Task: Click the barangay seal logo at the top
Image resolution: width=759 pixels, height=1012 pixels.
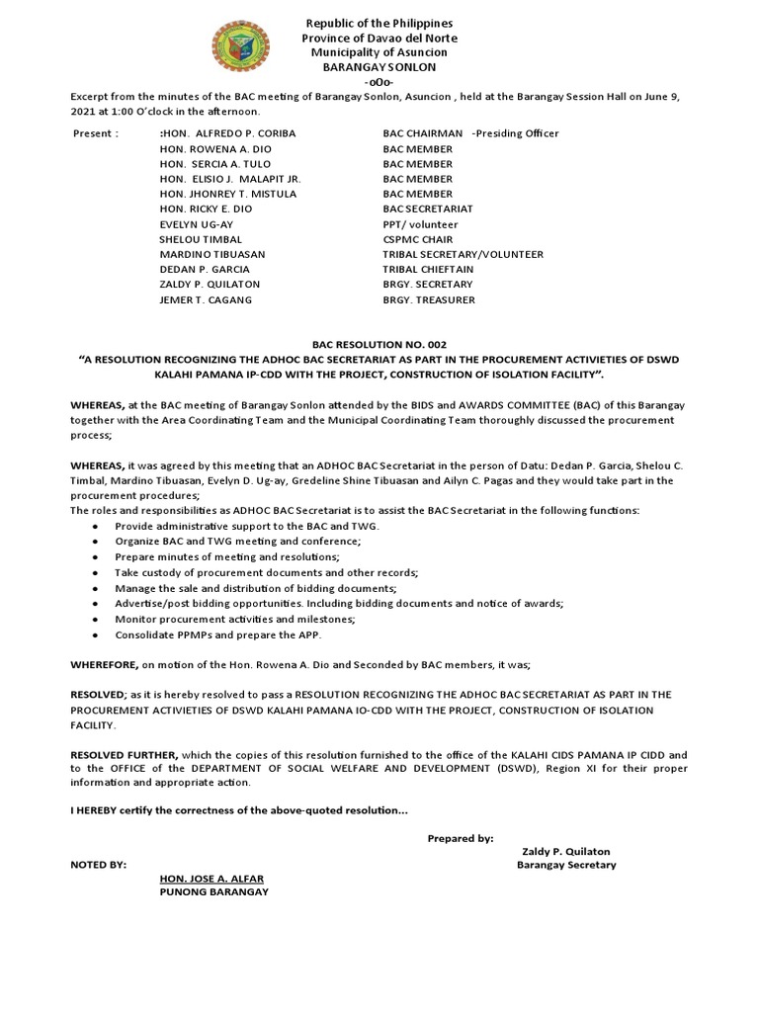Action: coord(239,50)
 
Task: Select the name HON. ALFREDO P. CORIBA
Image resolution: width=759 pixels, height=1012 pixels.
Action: coord(228,133)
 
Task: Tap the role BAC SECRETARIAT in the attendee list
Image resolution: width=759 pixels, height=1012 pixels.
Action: coord(427,210)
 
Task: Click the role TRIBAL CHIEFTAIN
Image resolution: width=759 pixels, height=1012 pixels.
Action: coord(428,269)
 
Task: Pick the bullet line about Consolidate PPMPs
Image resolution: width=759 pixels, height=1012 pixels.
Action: coord(218,634)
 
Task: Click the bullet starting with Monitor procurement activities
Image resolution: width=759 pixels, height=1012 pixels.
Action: coord(235,619)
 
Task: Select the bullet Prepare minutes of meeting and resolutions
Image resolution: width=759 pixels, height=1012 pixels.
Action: coord(226,557)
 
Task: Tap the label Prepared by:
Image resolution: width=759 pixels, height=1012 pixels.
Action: coord(461,838)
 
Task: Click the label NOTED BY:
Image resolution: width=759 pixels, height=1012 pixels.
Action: coord(98,865)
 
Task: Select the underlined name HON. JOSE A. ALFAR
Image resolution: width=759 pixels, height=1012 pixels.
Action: coord(211,879)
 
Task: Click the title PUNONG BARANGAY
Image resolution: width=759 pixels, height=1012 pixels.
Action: coord(213,892)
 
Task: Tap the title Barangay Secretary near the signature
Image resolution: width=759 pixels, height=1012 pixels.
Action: coord(566,865)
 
